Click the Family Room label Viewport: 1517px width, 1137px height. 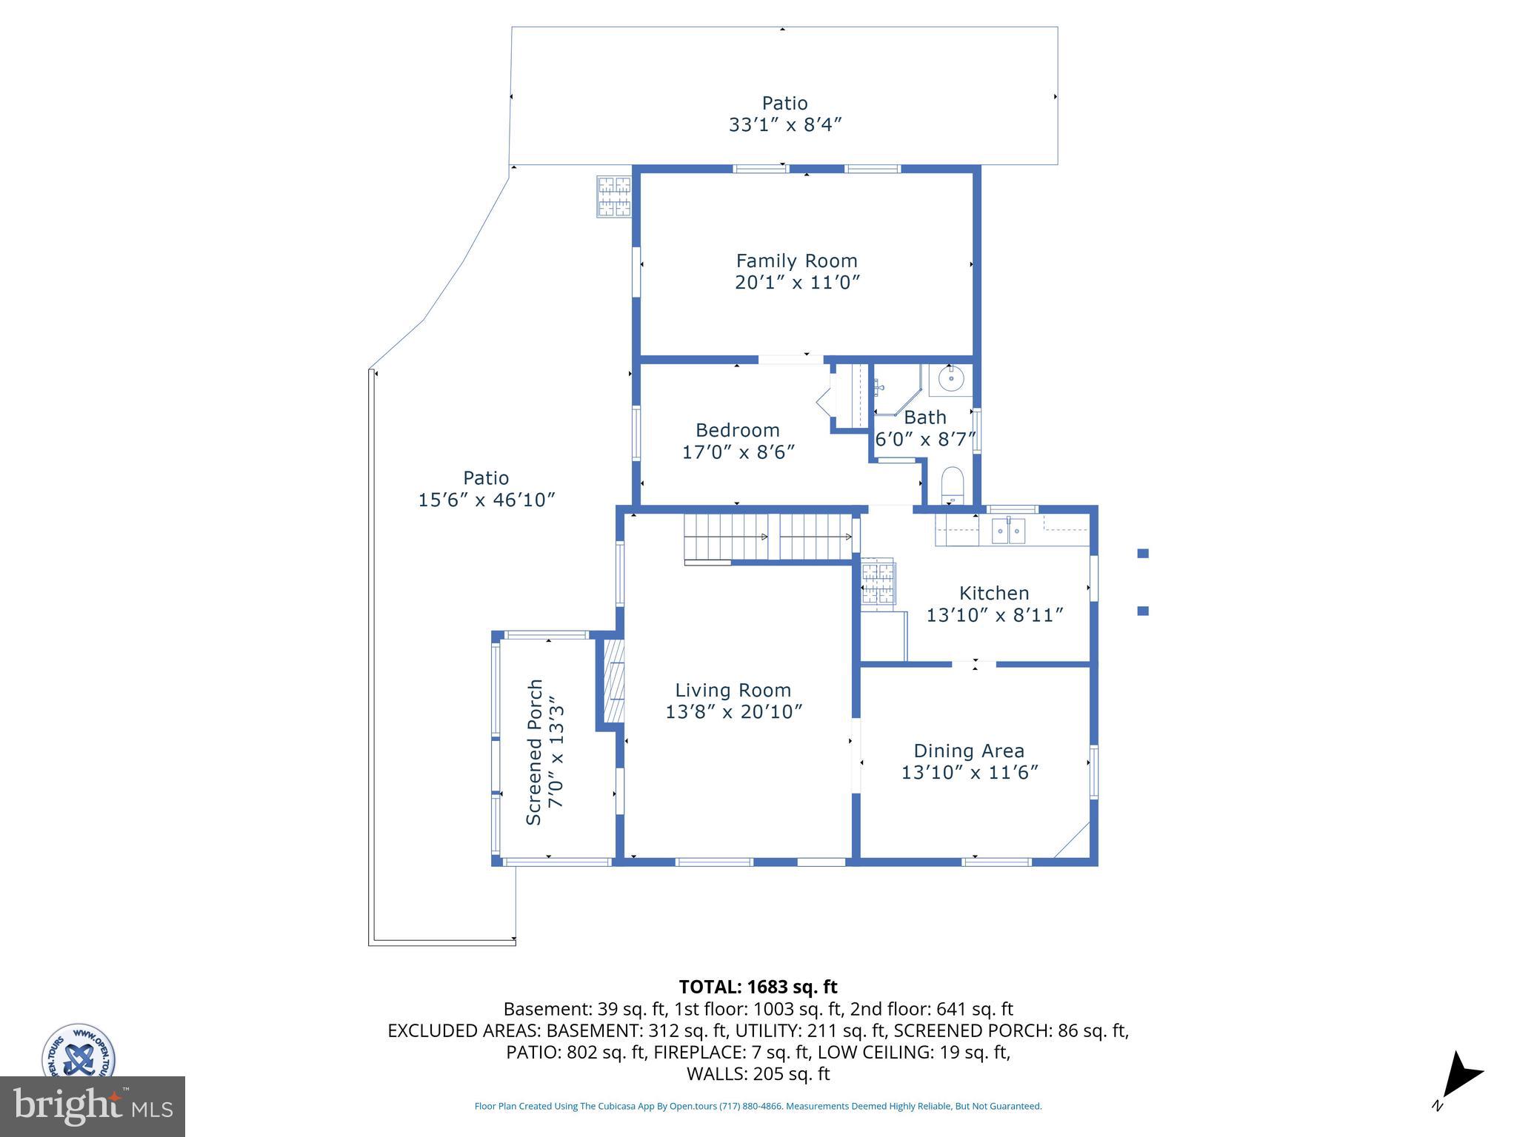796,261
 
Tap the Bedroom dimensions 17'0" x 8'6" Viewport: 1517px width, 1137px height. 738,452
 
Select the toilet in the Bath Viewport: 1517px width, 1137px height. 952,485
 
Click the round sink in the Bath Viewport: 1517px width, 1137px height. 951,378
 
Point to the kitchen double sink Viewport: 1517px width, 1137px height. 1008,531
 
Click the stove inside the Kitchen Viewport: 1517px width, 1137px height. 878,581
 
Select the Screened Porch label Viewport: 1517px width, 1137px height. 534,751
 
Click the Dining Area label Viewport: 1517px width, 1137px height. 968,751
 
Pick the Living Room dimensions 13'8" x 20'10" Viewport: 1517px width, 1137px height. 733,712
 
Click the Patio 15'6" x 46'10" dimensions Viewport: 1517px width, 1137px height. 487,500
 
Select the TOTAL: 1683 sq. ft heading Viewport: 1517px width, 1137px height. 758,987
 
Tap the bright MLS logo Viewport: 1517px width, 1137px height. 93,1106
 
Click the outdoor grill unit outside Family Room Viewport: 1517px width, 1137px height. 614,197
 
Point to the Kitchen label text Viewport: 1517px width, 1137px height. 994,593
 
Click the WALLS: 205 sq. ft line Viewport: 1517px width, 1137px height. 758,1074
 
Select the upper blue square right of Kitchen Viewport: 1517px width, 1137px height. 1143,553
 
